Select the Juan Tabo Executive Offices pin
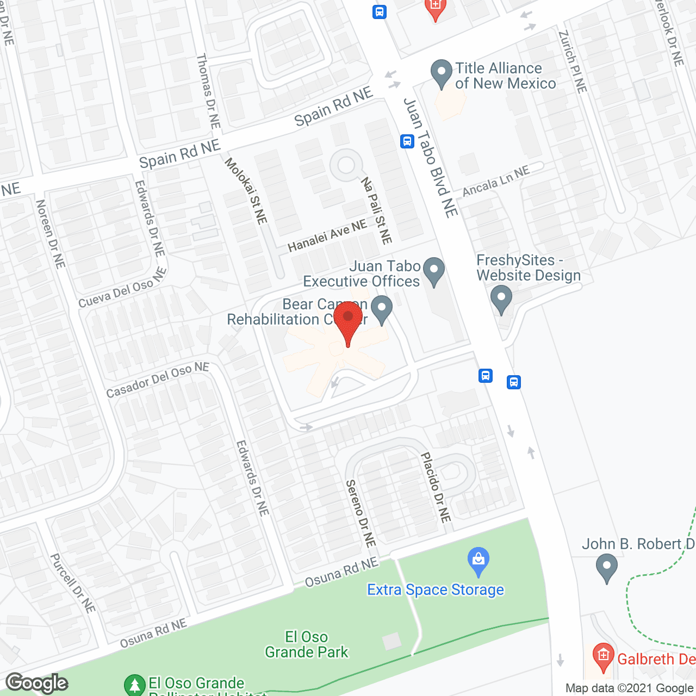[434, 270]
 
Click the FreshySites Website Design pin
[501, 299]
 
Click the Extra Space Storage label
[435, 590]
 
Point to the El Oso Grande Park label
[307, 644]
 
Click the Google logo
[37, 682]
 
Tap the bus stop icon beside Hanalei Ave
[407, 141]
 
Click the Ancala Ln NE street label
[496, 182]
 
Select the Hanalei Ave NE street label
[327, 236]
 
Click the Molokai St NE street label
[246, 191]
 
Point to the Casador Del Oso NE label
[158, 380]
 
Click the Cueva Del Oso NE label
[122, 288]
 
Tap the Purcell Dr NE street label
[73, 583]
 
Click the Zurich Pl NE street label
[573, 61]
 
